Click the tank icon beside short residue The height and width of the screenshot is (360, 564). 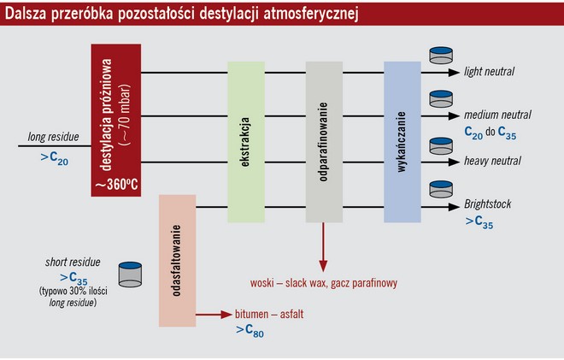tap(128, 273)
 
